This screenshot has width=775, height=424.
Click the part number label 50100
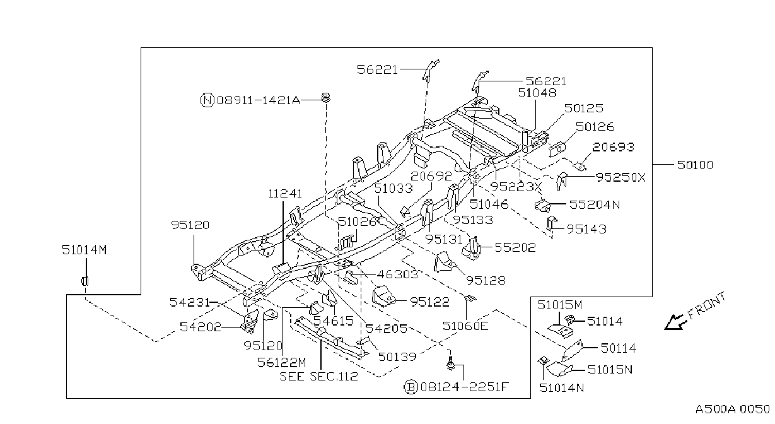(695, 165)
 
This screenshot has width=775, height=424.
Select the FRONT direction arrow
(674, 322)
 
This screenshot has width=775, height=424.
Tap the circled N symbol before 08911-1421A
(207, 100)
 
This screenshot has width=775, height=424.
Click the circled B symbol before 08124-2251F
(411, 387)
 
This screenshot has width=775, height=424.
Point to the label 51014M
(84, 250)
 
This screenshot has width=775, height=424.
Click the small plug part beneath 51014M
(84, 281)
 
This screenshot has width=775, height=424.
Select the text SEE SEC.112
(318, 376)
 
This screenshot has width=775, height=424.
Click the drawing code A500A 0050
(732, 409)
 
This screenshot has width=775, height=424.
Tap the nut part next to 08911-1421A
(325, 97)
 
